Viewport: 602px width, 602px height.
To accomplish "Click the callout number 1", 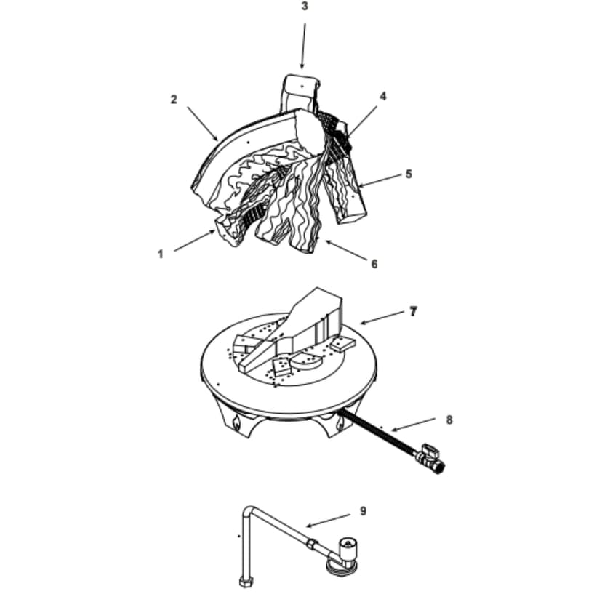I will [160, 254].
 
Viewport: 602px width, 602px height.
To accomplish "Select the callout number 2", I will [174, 100].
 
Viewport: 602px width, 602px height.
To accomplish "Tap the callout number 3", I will [305, 7].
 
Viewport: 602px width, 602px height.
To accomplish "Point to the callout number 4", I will [383, 96].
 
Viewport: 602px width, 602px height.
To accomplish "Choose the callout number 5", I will [409, 174].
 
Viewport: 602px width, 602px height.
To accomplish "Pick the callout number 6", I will [374, 264].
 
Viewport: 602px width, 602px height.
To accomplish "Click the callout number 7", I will [413, 311].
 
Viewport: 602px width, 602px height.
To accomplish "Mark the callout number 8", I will [449, 420].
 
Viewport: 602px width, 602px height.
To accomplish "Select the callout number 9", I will [363, 511].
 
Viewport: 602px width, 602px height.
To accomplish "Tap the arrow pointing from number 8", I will [414, 425].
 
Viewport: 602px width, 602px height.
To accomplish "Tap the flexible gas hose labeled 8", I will [374, 433].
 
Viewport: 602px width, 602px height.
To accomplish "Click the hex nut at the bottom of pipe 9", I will [243, 582].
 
